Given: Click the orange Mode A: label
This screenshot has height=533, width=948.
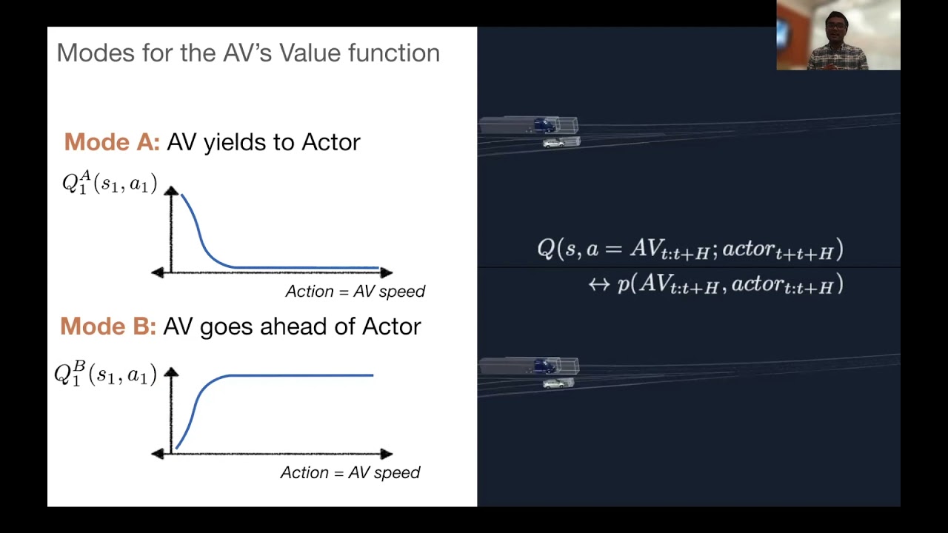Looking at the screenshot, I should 112,141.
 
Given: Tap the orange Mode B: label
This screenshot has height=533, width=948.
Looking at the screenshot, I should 108,326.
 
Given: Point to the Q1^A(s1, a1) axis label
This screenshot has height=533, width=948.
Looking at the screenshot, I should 110,183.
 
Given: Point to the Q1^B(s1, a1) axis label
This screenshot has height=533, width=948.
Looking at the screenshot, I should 105,373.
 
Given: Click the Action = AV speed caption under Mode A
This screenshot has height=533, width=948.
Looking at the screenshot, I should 355,291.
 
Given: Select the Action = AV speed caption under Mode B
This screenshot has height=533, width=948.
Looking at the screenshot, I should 350,472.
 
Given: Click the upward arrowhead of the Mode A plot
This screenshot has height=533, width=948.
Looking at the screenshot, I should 171,191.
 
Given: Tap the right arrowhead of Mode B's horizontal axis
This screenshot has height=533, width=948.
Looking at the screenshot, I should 386,453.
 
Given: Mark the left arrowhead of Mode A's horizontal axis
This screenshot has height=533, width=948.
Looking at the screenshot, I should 157,272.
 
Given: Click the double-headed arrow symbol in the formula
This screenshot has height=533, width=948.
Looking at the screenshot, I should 598,285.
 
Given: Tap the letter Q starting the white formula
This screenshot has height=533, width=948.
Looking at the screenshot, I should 546,249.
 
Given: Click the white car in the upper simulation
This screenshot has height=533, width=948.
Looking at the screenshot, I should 553,143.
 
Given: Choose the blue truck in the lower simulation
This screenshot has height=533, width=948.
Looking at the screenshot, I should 545,366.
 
